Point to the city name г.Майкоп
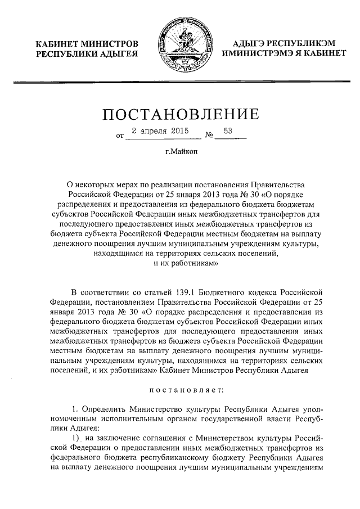point(180,151)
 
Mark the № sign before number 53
point(209,136)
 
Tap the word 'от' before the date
point(119,136)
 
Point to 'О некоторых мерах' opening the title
point(99,184)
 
